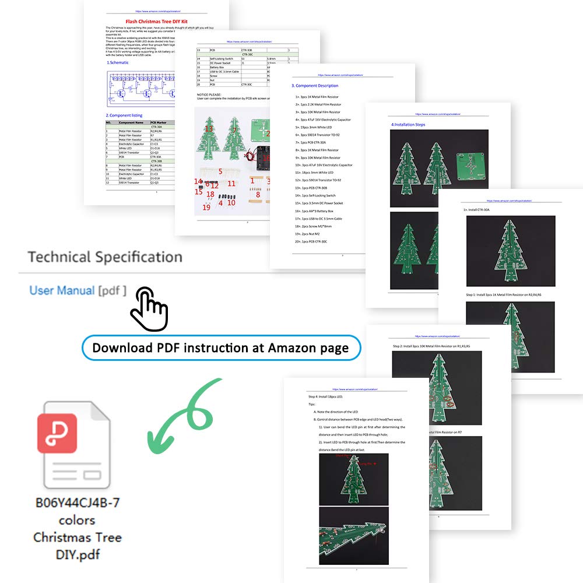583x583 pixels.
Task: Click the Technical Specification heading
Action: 105,257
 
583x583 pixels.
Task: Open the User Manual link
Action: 62,290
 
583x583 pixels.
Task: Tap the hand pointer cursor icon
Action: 149,308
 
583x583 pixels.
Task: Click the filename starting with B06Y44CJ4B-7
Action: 78,503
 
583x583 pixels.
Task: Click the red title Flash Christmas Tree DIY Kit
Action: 156,21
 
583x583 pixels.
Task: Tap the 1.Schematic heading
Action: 118,62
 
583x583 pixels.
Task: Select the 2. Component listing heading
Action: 124,115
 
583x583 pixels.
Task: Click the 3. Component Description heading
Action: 314,86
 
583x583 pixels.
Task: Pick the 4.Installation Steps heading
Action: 409,125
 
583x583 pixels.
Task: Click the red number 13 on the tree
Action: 208,129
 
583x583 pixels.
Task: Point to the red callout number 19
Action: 206,207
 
